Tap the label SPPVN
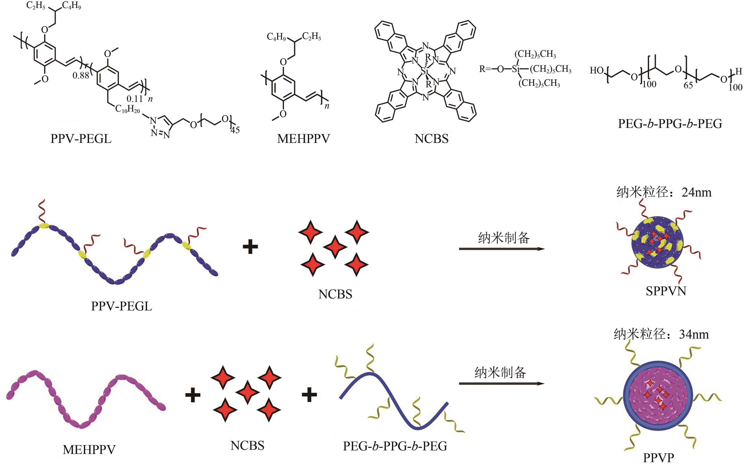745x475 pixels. (x=666, y=291)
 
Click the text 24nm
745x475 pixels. (x=696, y=193)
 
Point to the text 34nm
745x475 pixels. (x=694, y=335)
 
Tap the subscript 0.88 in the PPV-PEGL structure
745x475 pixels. (x=81, y=76)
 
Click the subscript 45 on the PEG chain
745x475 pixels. (x=235, y=130)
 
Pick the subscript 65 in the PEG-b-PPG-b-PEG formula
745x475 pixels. (x=688, y=85)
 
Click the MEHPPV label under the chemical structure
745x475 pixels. (x=303, y=139)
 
